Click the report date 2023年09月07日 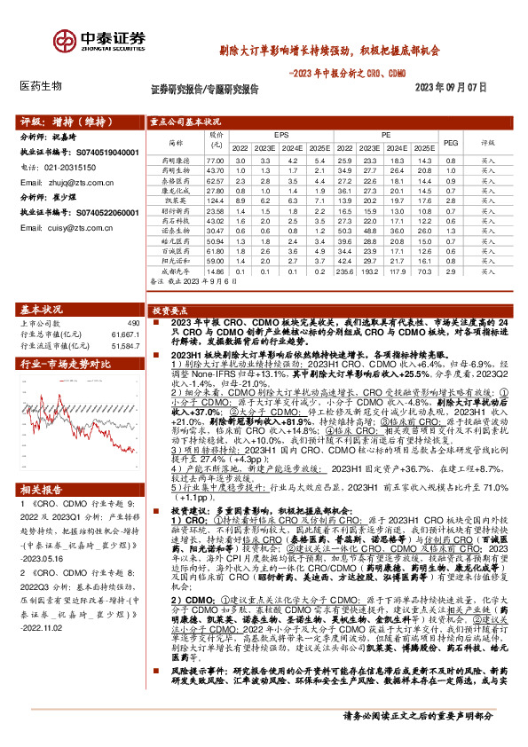pos(452,88)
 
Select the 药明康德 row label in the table pos(175,159)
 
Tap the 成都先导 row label pos(175,272)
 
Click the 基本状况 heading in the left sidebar pos(42,309)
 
